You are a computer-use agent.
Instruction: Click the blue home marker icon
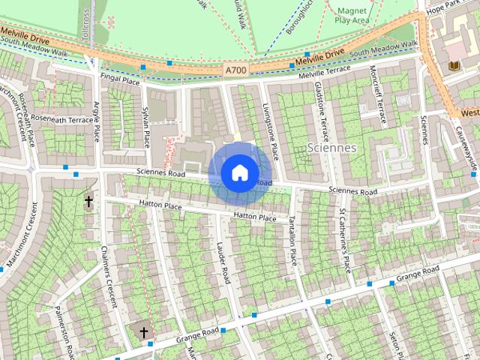239,173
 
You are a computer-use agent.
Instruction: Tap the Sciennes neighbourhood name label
331,147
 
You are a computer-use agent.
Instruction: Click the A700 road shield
235,70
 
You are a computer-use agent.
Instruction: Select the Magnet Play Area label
351,16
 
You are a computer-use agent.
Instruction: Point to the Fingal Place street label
120,80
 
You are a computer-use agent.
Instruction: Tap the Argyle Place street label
95,119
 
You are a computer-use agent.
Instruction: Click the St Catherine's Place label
345,241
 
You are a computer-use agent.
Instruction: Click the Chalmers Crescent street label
109,278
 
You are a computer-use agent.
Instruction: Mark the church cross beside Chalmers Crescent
88,201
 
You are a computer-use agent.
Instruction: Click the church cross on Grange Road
143,331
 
